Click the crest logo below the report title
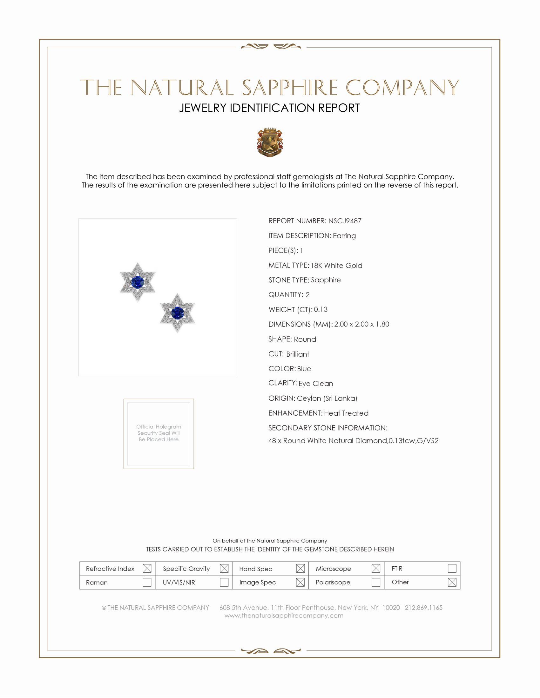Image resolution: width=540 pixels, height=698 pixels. click(270, 142)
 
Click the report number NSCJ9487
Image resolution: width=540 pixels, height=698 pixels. click(345, 221)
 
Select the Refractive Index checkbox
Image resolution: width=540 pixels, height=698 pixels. click(147, 568)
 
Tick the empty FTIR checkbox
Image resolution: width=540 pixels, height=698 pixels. click(452, 568)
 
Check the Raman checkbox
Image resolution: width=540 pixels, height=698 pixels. click(147, 582)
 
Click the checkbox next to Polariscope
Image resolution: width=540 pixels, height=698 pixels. click(376, 582)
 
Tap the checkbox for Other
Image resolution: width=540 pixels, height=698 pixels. click(452, 582)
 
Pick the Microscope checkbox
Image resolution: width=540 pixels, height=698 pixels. click(376, 568)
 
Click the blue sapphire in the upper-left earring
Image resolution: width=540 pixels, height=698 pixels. click(137, 282)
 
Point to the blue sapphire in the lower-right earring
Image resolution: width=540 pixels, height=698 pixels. click(177, 313)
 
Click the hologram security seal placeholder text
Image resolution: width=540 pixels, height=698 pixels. click(159, 433)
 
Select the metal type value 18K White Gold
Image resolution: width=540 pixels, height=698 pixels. click(336, 265)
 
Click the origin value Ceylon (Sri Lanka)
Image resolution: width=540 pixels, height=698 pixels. click(327, 398)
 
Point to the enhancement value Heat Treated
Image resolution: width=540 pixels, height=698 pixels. click(346, 413)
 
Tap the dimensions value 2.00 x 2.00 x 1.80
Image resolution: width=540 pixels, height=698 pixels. click(361, 324)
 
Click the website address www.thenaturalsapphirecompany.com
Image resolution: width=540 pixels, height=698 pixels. click(284, 616)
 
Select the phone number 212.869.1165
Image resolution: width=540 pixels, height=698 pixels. click(423, 608)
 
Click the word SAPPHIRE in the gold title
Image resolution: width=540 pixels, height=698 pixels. click(289, 88)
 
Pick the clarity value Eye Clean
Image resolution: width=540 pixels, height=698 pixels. click(316, 384)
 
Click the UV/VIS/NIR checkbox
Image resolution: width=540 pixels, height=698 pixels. click(224, 582)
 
